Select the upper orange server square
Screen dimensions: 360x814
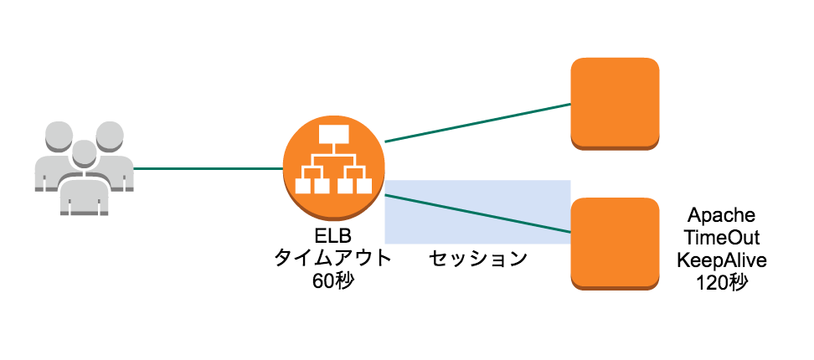click(615, 103)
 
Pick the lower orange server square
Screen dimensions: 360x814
click(615, 243)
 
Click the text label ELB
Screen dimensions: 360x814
click(333, 239)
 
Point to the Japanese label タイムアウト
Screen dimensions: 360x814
click(333, 259)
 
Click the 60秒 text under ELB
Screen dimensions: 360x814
click(333, 280)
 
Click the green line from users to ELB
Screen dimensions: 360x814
click(208, 168)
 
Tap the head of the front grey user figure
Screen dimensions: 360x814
click(83, 154)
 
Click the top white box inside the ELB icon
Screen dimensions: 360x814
click(333, 134)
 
